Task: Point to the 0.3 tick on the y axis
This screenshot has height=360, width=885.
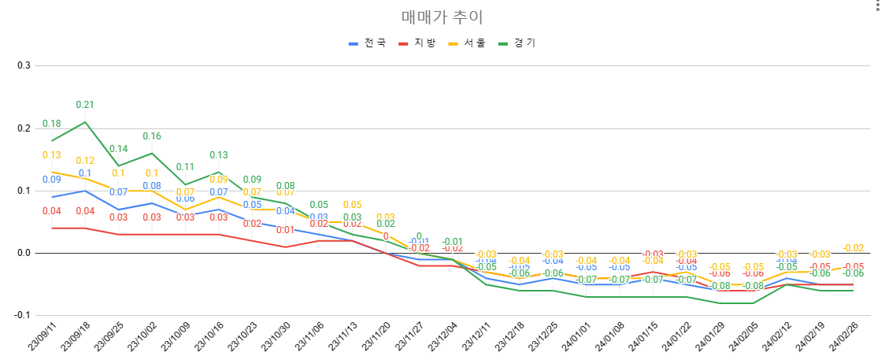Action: [24, 65]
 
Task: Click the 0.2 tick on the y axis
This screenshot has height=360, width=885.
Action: [24, 128]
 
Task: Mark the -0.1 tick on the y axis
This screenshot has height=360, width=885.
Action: [22, 315]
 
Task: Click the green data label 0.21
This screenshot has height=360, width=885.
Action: [85, 105]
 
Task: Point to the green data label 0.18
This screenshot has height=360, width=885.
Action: [52, 124]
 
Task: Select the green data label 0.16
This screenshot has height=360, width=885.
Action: [152, 136]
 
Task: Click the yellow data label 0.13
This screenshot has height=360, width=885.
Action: [52, 155]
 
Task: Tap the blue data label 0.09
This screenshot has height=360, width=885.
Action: [52, 180]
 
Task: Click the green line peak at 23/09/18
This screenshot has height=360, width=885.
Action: [85, 121]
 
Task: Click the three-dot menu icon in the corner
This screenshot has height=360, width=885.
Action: [878, 6]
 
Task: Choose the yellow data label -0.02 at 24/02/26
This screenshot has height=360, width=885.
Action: [854, 247]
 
